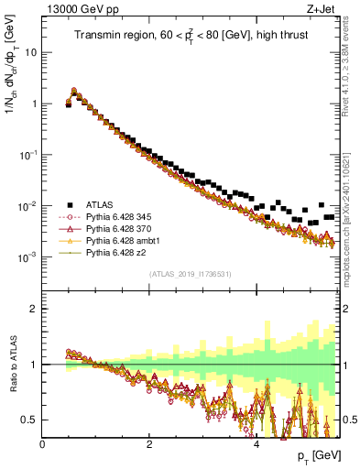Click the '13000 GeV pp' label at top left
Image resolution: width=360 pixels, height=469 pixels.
tap(76, 9)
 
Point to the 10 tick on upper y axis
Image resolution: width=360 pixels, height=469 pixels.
tap(30, 52)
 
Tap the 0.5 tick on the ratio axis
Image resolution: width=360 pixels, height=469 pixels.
tap(29, 420)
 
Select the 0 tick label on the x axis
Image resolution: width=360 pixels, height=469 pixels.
tap(42, 443)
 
